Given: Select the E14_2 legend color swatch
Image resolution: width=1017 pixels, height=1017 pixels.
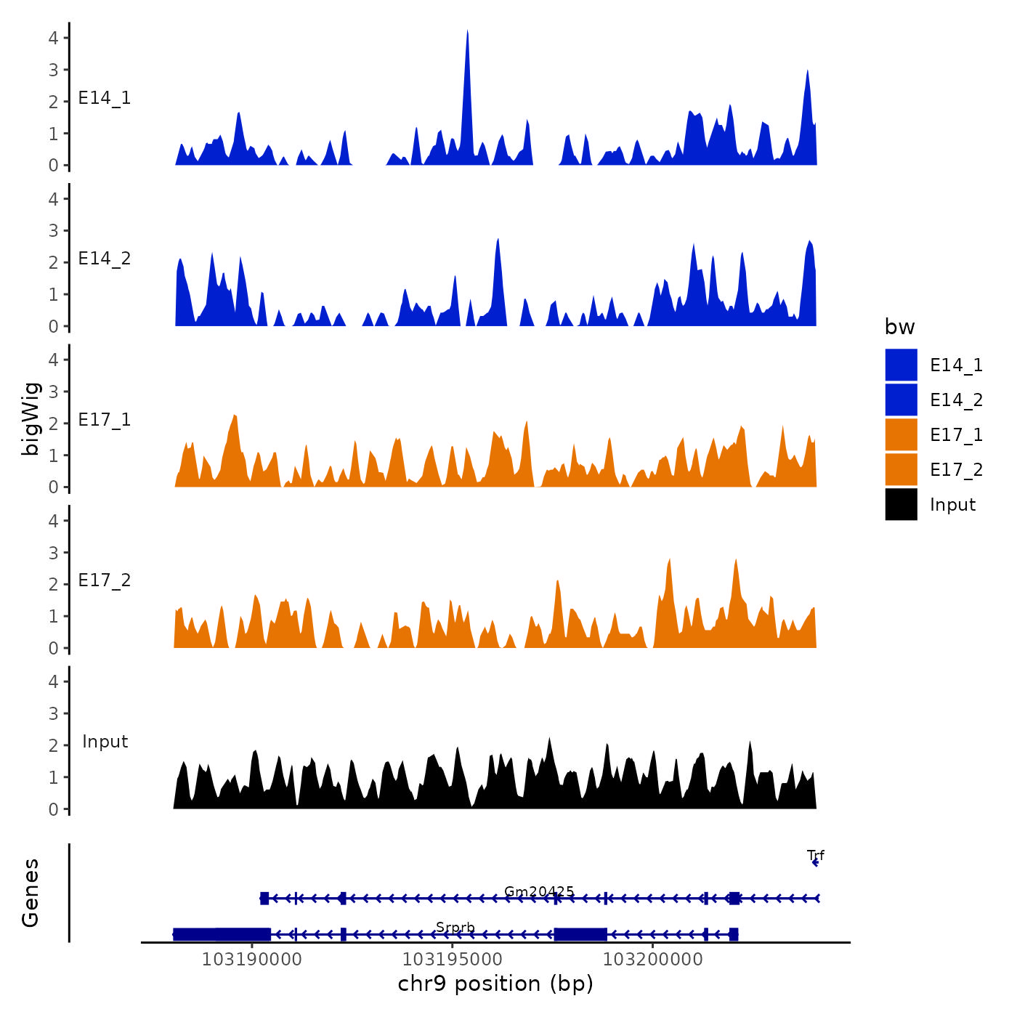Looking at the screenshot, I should pyautogui.click(x=901, y=400).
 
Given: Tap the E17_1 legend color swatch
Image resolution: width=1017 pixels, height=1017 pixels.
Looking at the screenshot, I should pyautogui.click(x=901, y=434).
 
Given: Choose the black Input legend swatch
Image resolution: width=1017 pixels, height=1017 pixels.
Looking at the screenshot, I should pyautogui.click(x=901, y=504).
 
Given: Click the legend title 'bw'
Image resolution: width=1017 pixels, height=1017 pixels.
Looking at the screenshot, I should pyautogui.click(x=899, y=328).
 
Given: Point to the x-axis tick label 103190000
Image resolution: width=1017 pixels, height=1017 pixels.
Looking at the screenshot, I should pyautogui.click(x=251, y=960).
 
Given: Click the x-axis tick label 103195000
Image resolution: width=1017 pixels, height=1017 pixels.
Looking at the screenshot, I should pyautogui.click(x=452, y=960).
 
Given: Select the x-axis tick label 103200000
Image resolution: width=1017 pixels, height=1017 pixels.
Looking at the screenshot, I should pyautogui.click(x=652, y=960).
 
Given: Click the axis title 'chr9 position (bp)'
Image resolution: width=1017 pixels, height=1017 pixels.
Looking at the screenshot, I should pyautogui.click(x=495, y=984).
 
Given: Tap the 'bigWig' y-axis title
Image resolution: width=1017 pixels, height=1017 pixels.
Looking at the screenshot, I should pyautogui.click(x=31, y=418).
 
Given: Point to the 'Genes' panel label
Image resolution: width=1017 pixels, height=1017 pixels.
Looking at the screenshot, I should pyautogui.click(x=31, y=893).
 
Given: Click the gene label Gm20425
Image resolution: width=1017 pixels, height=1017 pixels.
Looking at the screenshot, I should pyautogui.click(x=539, y=891).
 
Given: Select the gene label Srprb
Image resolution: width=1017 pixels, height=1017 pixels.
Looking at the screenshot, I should pyautogui.click(x=455, y=928).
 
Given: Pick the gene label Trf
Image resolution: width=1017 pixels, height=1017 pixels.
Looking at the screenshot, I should pyautogui.click(x=815, y=856).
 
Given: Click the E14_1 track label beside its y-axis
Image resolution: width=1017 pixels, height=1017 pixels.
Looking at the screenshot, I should pyautogui.click(x=105, y=98).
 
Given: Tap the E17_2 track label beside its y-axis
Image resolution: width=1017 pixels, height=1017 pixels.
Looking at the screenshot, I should pyautogui.click(x=105, y=580).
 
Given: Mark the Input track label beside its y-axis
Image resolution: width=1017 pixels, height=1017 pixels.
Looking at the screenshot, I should pyautogui.click(x=105, y=742).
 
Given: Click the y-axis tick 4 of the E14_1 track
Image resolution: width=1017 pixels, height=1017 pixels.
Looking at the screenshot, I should pyautogui.click(x=53, y=38).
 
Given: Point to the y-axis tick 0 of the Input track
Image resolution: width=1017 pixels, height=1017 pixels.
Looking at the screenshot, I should pyautogui.click(x=53, y=809).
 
